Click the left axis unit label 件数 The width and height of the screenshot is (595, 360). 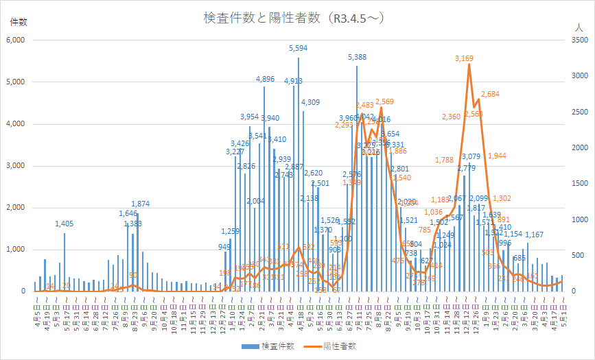[19, 22]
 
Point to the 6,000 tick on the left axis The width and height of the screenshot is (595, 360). [15, 40]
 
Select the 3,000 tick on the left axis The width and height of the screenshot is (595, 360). [15, 166]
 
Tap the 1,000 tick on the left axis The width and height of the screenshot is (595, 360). [15, 250]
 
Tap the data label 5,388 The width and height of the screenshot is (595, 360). [357, 58]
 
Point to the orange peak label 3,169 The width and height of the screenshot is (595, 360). [464, 59]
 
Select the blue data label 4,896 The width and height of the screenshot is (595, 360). [265, 80]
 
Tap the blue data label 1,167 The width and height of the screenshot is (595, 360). [535, 235]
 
